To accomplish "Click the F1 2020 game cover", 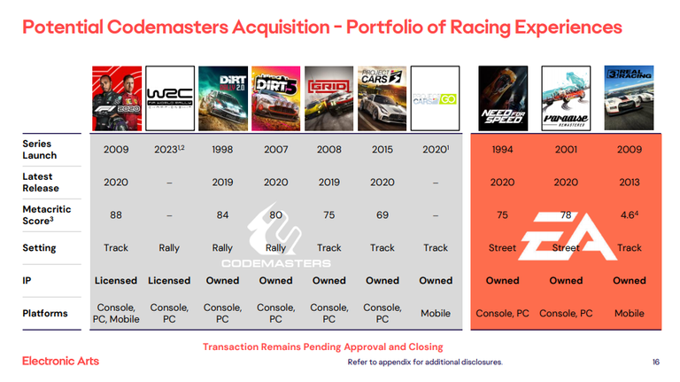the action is pyautogui.click(x=117, y=98).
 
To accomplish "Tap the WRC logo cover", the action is pyautogui.click(x=170, y=98).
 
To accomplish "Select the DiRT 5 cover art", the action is pyautogui.click(x=276, y=98).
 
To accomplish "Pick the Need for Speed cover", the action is pyautogui.click(x=503, y=98).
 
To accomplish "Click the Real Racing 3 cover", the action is pyautogui.click(x=629, y=98).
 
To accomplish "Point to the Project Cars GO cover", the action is pyautogui.click(x=435, y=98).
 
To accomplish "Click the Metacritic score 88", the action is pyautogui.click(x=116, y=215).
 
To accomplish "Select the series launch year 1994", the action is pyautogui.click(x=502, y=150).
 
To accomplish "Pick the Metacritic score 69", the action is pyautogui.click(x=382, y=215).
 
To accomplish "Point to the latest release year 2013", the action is pyautogui.click(x=630, y=183).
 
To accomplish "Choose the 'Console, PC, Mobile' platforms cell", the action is pyautogui.click(x=116, y=314).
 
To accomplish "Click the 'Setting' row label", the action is pyautogui.click(x=39, y=248).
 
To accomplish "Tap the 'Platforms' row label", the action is pyautogui.click(x=45, y=314).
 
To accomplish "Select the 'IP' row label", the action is pyautogui.click(x=27, y=280).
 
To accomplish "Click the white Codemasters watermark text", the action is pyautogui.click(x=276, y=263).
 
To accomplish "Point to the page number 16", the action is pyautogui.click(x=656, y=362).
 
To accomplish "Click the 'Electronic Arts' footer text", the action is pyautogui.click(x=61, y=361).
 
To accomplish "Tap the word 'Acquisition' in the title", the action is pyautogui.click(x=281, y=27).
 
